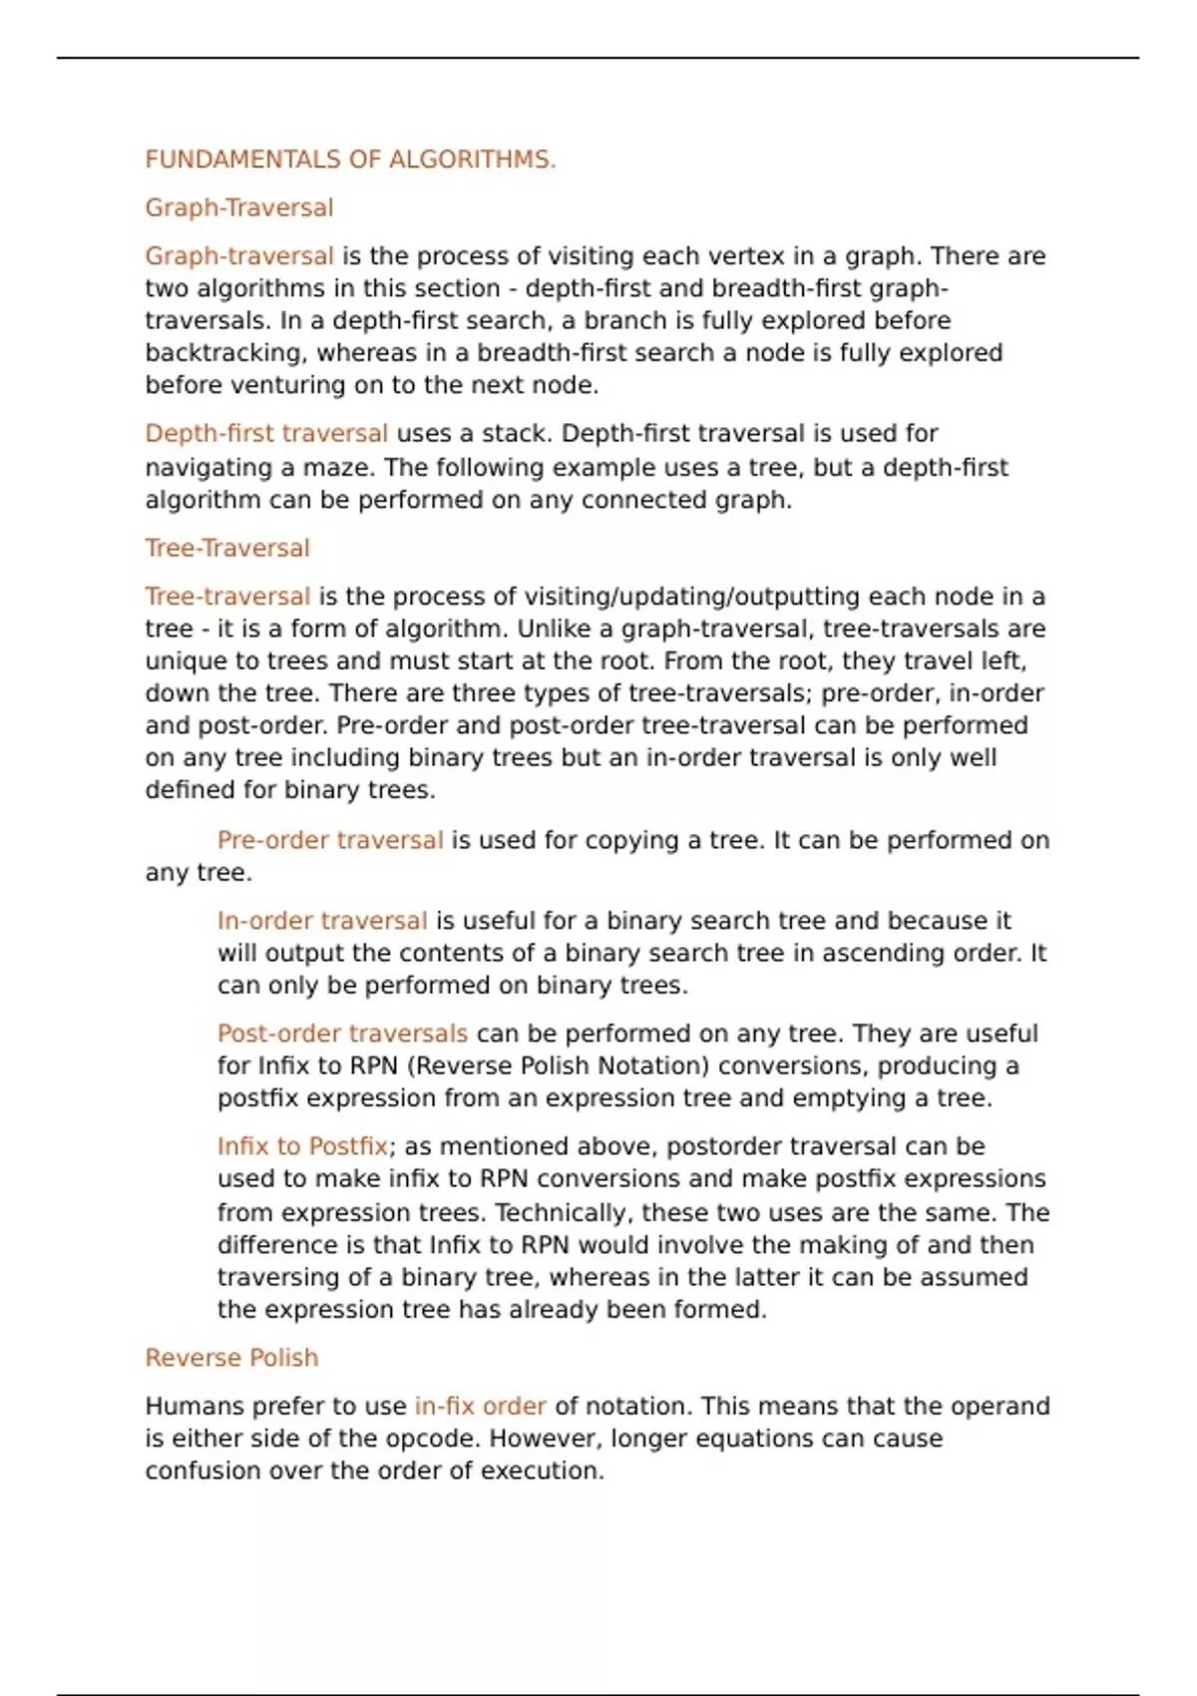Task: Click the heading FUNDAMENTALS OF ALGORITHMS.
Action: click(350, 160)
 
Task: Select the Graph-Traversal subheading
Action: click(239, 208)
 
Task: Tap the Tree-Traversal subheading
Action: click(227, 548)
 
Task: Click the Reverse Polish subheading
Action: click(231, 1358)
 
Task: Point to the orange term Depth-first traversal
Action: click(266, 434)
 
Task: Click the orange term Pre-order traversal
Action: click(330, 840)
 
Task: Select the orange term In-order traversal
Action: click(322, 921)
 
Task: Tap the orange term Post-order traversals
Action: click(342, 1034)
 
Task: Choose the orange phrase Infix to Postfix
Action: click(302, 1146)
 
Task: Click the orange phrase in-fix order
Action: click(480, 1407)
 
